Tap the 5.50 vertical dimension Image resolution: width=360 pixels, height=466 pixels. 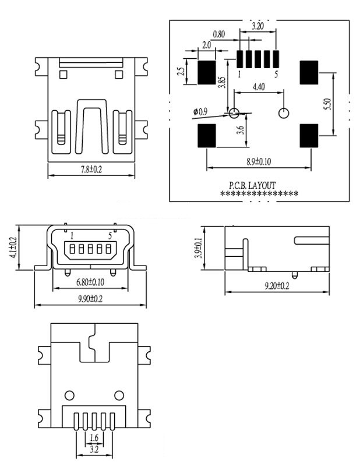click(x=327, y=105)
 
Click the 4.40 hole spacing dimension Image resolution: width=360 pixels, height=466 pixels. click(x=259, y=87)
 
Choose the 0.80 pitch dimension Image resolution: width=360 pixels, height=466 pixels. click(x=219, y=34)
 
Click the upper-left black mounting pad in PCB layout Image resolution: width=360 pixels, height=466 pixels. click(x=206, y=72)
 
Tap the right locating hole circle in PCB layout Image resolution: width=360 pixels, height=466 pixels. click(x=284, y=112)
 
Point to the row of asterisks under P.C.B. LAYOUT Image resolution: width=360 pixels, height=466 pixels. click(x=259, y=194)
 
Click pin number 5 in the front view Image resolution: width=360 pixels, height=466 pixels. click(x=110, y=235)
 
